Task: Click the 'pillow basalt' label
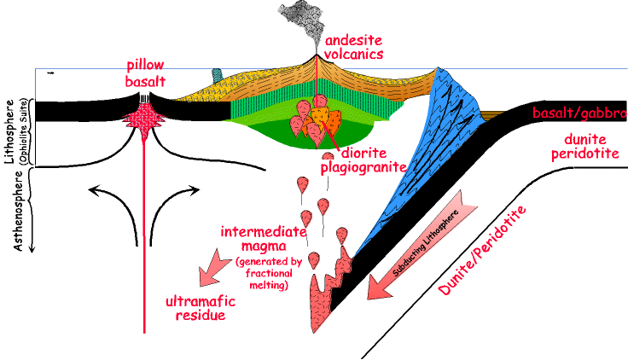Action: tap(145, 73)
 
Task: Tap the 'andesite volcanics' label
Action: tap(353, 47)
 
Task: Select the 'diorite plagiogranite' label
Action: tap(363, 160)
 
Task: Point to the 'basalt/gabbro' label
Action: tap(579, 113)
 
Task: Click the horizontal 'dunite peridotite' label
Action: tap(585, 146)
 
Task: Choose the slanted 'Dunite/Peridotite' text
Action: tap(482, 251)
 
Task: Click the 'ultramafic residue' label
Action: tap(201, 308)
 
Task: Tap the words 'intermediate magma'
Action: tap(263, 239)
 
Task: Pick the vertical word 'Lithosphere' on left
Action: tap(9, 131)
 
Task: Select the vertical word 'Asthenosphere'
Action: tap(18, 211)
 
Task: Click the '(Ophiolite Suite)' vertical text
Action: tap(22, 131)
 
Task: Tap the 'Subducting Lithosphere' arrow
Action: tap(422, 245)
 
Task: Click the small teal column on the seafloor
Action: tap(217, 76)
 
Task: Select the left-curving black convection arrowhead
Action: tap(94, 190)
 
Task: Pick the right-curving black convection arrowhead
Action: tap(194, 190)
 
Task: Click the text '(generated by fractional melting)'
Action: tap(269, 273)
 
